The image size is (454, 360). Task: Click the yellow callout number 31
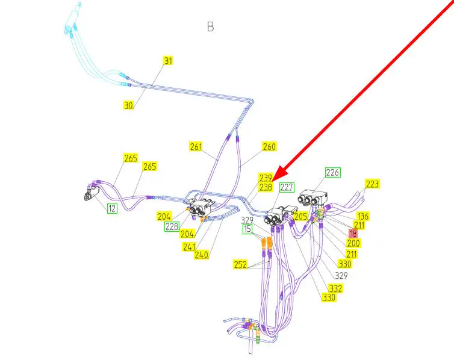point(168,61)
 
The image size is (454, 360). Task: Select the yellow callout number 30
point(128,105)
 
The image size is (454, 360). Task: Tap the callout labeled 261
point(196,146)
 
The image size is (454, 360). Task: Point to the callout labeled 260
point(269,146)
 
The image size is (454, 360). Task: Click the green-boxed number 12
point(112,208)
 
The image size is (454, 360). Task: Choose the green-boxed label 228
point(172,226)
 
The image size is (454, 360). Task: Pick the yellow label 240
point(202,254)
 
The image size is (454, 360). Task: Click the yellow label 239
point(266,178)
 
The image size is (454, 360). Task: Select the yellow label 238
point(266,187)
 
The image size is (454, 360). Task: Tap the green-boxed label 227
point(287,187)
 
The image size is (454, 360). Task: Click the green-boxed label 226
point(332,173)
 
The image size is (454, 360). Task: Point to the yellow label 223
point(373,184)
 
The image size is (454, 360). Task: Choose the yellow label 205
point(301,216)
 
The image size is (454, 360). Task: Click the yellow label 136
point(362,216)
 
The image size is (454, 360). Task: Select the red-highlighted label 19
point(353,233)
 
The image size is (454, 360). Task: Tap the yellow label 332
point(335,289)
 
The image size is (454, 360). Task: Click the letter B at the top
point(210,27)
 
